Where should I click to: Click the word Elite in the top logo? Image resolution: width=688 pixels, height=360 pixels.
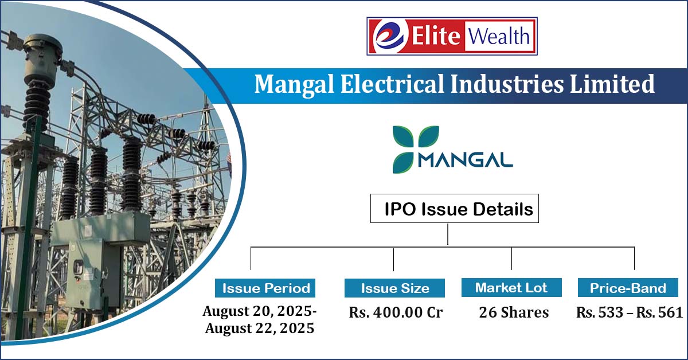[436, 36]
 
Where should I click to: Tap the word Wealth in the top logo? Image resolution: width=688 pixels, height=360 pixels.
[499, 36]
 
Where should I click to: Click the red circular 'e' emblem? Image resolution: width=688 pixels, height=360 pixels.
[390, 36]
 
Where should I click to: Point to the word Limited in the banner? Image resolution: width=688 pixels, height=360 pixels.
[612, 84]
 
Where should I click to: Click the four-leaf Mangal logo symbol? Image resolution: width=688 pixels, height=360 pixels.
[416, 149]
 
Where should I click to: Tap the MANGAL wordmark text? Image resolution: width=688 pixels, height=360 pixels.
[466, 160]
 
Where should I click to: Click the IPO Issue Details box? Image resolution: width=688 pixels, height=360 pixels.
[455, 209]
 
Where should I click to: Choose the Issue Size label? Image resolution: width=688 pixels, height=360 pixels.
[394, 288]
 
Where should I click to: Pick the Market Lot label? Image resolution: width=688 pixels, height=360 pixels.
[511, 288]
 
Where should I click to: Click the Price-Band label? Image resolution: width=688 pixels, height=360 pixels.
[628, 288]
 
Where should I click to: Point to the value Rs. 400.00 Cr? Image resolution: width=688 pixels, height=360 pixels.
[396, 312]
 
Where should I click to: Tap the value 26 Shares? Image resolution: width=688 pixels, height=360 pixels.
[514, 312]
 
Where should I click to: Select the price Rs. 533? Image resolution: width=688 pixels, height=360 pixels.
[600, 312]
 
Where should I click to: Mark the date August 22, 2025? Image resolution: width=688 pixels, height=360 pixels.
[260, 328]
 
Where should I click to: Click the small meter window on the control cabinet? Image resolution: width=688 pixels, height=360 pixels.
[79, 267]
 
